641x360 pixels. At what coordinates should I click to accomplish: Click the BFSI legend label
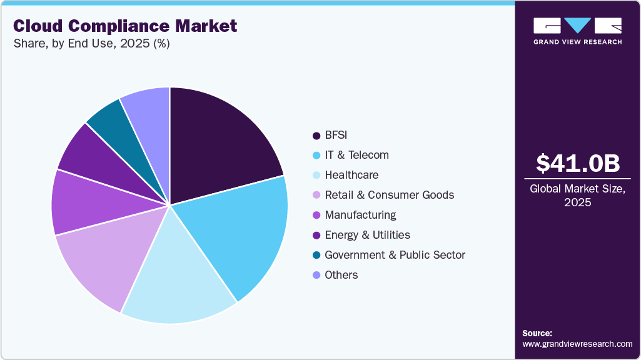(337, 135)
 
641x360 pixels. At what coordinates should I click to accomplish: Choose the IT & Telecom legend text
(356, 155)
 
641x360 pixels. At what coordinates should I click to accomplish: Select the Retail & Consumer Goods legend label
(389, 195)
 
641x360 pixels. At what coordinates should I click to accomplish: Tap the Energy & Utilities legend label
(367, 235)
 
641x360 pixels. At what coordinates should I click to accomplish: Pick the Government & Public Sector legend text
(395, 255)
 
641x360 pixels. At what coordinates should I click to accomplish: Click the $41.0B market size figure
(578, 164)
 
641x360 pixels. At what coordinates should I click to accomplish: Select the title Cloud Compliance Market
(125, 26)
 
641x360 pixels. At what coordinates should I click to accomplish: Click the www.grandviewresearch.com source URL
(577, 344)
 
